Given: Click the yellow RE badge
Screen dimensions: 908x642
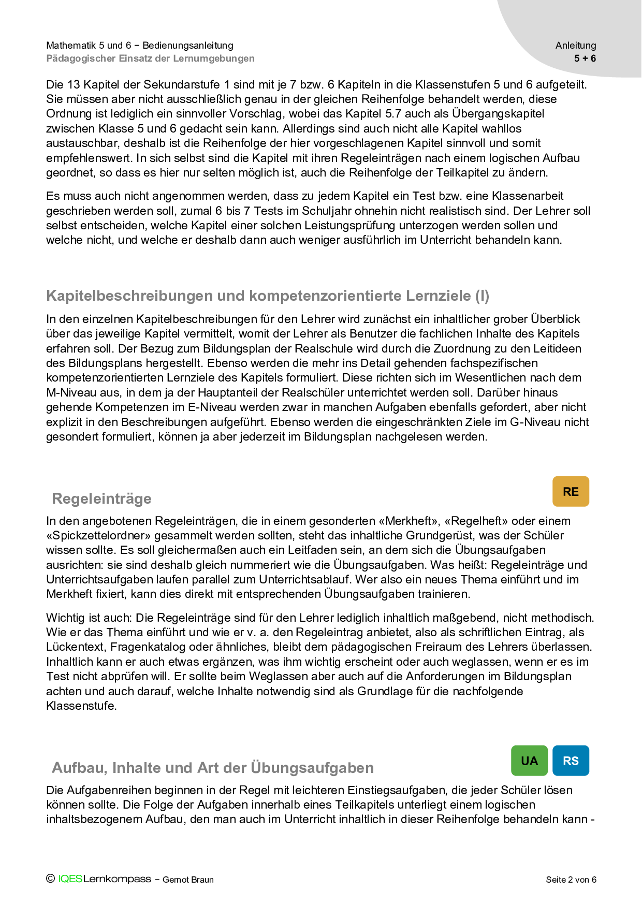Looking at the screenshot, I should click(571, 491).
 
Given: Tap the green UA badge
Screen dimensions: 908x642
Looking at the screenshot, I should click(529, 760).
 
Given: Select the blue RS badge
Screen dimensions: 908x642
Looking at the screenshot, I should click(571, 760).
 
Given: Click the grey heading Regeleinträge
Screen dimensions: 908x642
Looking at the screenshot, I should click(102, 499).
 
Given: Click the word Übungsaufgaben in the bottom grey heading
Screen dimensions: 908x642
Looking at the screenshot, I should click(312, 767).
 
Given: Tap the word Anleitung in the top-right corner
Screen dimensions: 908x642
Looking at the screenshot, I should click(576, 46).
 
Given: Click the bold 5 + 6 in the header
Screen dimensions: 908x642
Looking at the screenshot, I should click(585, 58).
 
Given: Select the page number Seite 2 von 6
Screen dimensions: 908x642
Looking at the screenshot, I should click(571, 880).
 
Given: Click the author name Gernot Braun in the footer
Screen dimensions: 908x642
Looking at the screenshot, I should click(188, 880).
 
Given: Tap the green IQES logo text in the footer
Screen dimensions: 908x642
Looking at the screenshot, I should click(70, 879).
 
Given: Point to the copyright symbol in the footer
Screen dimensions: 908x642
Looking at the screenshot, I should click(50, 878).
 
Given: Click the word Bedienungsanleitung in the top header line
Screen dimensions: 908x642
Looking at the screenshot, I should click(188, 46).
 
